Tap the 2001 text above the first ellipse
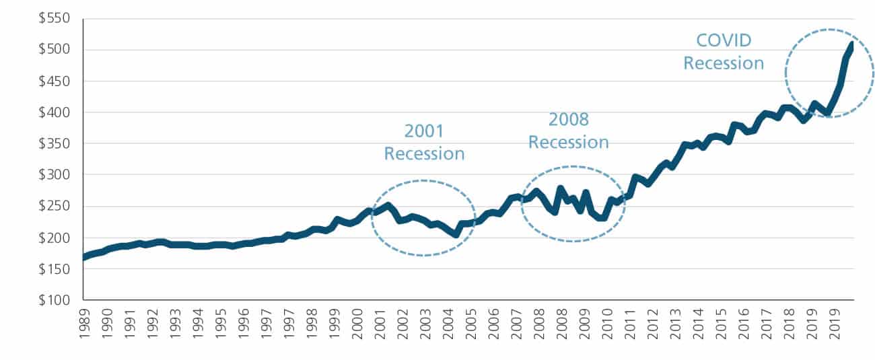point(424,131)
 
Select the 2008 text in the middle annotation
point(568,120)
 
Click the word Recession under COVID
point(724,63)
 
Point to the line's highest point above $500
point(852,44)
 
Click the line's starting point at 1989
point(84,257)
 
